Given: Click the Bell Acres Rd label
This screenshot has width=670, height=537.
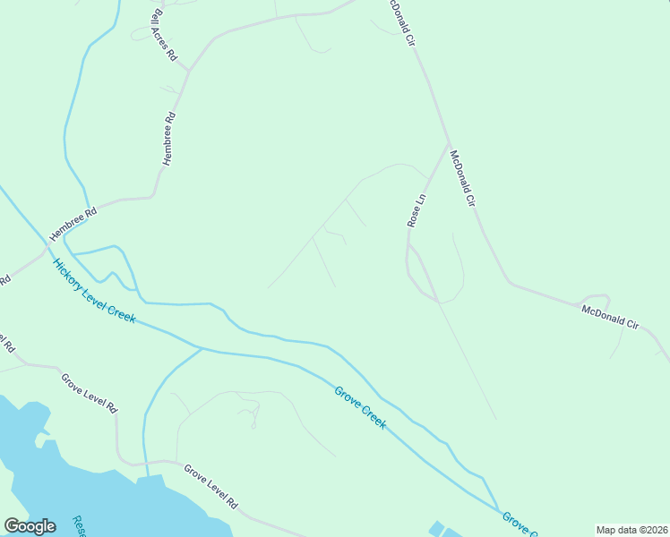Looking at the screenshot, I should pyautogui.click(x=166, y=35).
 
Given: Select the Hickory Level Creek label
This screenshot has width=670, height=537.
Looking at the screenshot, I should pyautogui.click(x=94, y=291).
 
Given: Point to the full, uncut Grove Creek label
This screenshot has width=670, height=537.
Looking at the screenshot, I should pyautogui.click(x=361, y=407).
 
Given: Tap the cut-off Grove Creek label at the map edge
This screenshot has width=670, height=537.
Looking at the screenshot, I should pyautogui.click(x=519, y=524).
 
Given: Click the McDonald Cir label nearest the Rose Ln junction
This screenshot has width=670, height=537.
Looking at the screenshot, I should pyautogui.click(x=461, y=179).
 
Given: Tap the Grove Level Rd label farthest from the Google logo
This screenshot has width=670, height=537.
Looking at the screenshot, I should pyautogui.click(x=89, y=392).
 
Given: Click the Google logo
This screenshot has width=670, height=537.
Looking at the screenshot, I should pyautogui.click(x=30, y=526).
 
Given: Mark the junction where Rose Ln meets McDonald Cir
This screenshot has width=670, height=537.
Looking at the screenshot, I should pyautogui.click(x=448, y=142).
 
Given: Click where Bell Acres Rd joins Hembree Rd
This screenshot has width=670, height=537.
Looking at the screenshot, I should pyautogui.click(x=189, y=70).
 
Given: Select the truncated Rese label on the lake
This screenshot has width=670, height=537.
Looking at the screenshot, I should pyautogui.click(x=78, y=526).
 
